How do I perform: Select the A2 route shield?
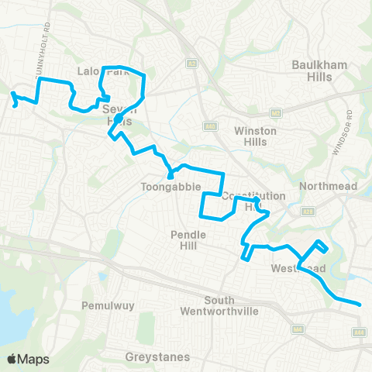190,63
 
